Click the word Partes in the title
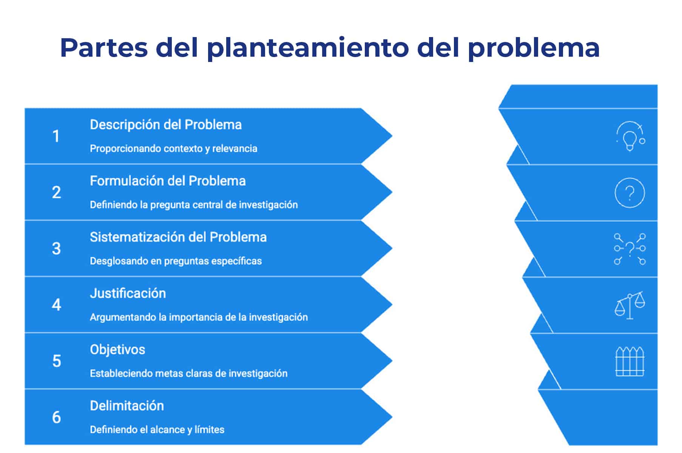click(104, 48)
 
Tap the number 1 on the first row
click(56, 136)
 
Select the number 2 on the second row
click(56, 192)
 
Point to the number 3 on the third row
click(56, 249)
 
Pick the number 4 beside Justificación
click(56, 305)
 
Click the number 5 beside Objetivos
click(56, 361)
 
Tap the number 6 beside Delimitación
click(56, 417)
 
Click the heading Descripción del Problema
click(166, 125)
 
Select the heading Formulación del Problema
click(168, 181)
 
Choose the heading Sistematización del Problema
click(178, 237)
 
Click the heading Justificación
click(128, 293)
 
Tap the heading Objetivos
click(117, 350)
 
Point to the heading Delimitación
click(127, 406)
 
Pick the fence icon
click(630, 361)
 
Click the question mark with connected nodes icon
click(630, 248)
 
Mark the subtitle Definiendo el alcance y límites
click(157, 430)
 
